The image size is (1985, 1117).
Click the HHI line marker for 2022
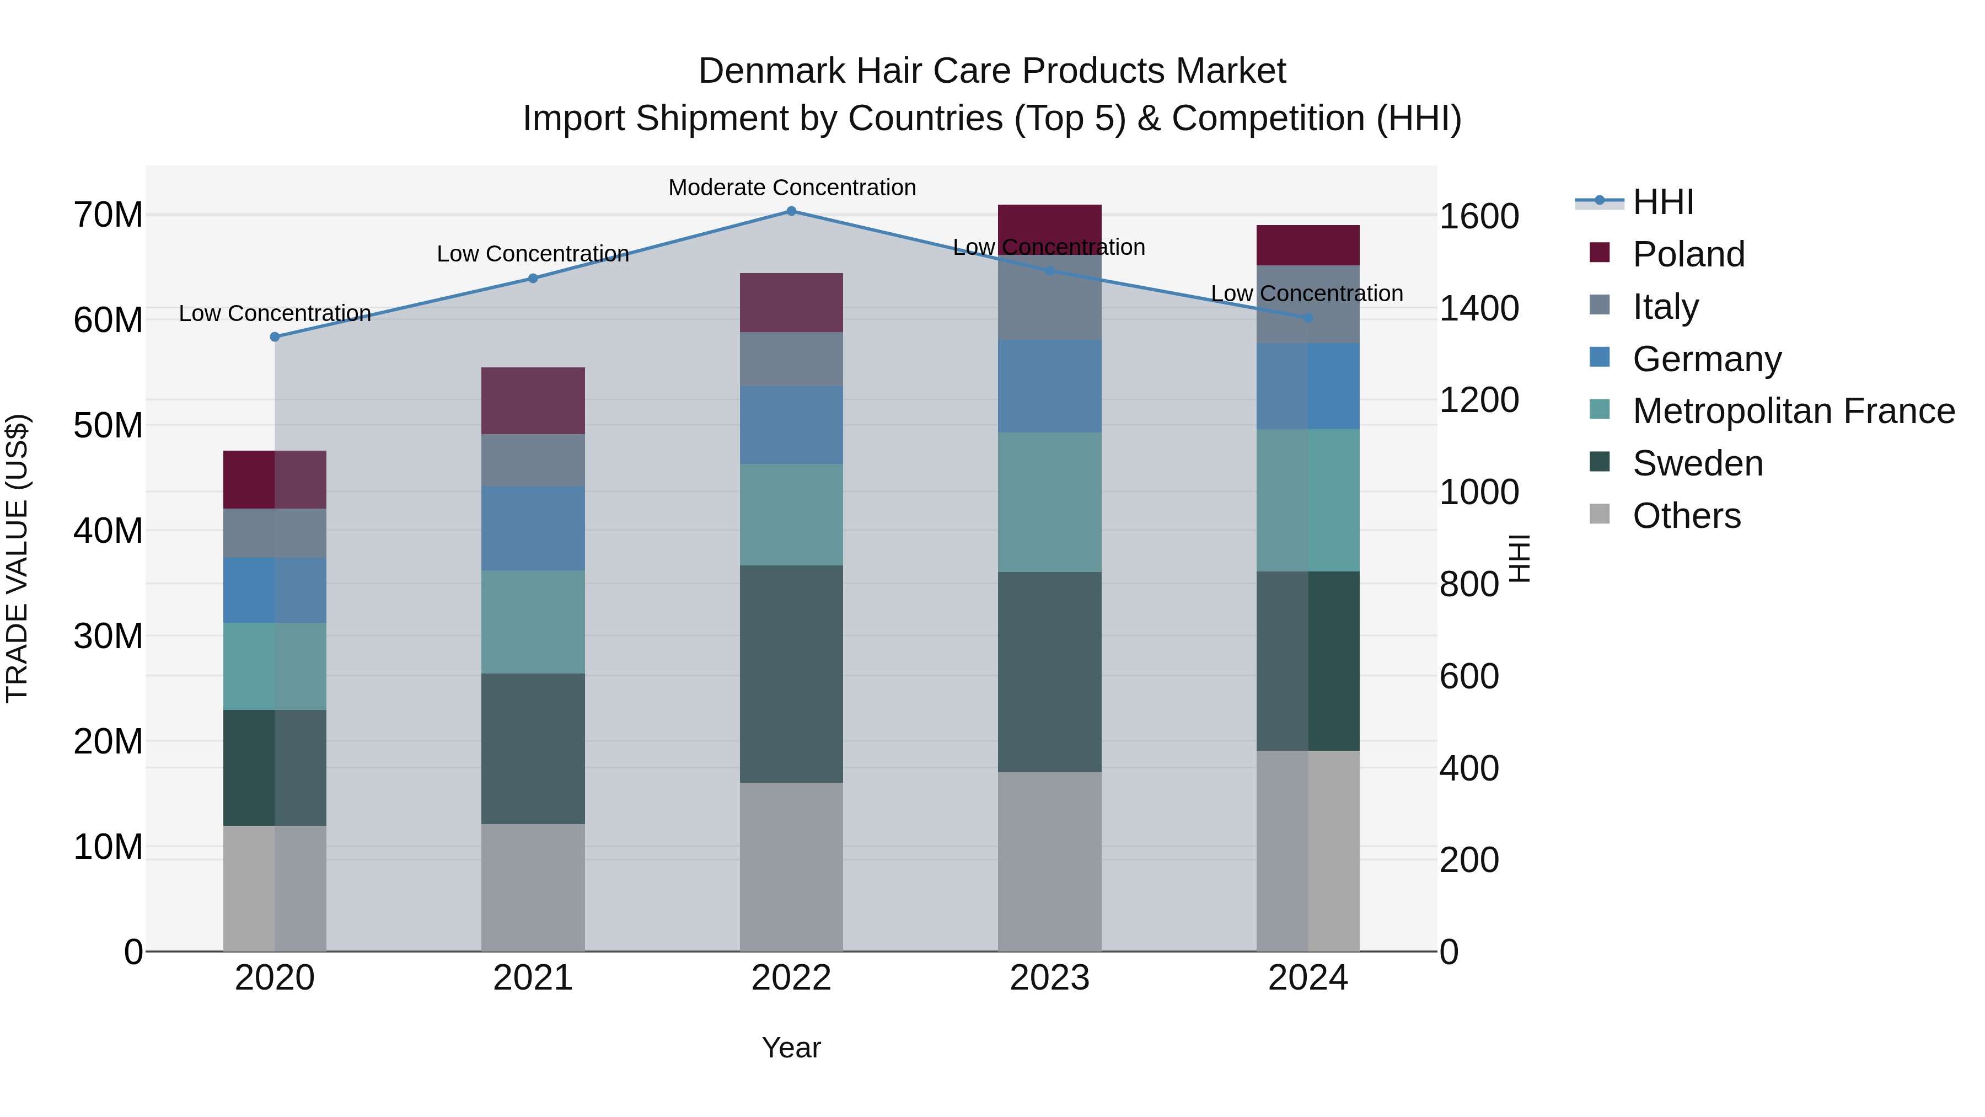click(x=791, y=211)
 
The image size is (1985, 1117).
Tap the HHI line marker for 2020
click(x=275, y=337)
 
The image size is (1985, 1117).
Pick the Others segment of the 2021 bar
click(x=533, y=888)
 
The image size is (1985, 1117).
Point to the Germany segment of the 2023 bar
click(x=1049, y=386)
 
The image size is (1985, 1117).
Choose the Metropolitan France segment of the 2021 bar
click(x=533, y=622)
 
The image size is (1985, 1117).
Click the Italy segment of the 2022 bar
click(x=791, y=359)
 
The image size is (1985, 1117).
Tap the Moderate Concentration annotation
click(x=791, y=188)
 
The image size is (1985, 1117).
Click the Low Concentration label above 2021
click(x=533, y=254)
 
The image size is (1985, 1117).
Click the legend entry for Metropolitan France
click(x=1793, y=411)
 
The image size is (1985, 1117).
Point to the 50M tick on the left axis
click(x=108, y=425)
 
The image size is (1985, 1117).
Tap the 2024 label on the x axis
click(x=1308, y=978)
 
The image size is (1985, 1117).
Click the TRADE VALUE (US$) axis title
click(x=17, y=558)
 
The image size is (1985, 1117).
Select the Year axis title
click(x=791, y=1047)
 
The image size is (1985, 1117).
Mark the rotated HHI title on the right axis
click(x=1519, y=558)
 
